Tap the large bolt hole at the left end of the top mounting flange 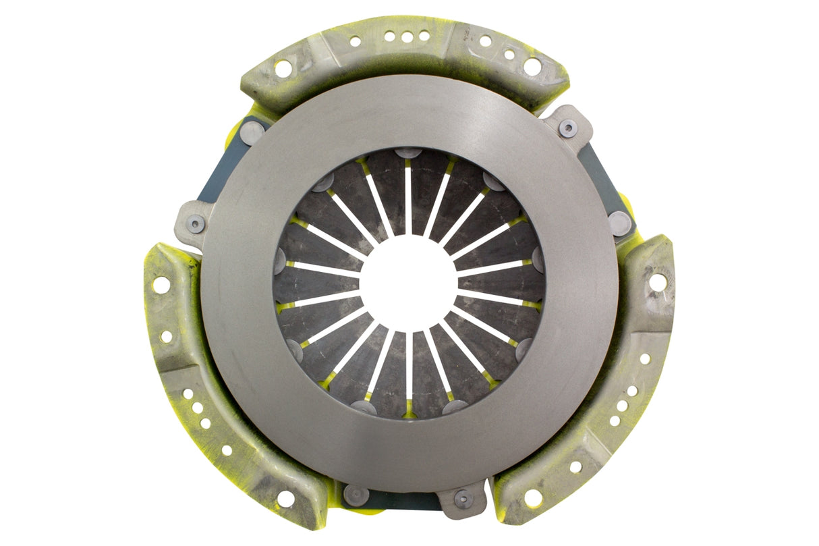point(283,68)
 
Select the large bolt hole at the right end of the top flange point(532,66)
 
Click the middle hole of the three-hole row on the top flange point(407,38)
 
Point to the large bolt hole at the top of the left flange point(161,285)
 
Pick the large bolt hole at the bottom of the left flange point(285,498)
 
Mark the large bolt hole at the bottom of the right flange point(533,498)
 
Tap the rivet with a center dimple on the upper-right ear point(568,128)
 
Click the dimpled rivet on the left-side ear point(195,225)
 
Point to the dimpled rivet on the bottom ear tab point(463,499)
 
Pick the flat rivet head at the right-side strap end point(619,223)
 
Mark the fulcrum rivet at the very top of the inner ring point(408,153)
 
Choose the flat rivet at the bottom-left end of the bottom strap point(355,495)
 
